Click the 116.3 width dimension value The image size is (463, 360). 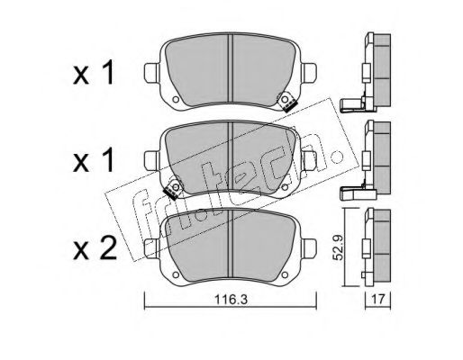231,299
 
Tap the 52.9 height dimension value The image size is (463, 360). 339,247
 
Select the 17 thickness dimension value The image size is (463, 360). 378,299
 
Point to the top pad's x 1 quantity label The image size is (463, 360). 94,72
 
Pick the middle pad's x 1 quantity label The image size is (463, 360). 94,160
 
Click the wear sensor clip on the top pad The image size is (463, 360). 286,103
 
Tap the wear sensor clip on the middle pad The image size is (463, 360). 173,189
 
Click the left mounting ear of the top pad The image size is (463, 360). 151,73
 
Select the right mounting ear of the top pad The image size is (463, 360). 309,73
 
